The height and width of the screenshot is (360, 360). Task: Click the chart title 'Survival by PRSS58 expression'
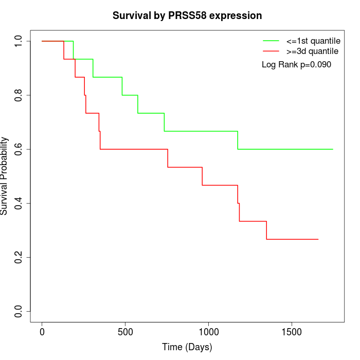187,16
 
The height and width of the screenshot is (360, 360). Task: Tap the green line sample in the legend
271,41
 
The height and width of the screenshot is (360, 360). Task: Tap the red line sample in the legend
271,51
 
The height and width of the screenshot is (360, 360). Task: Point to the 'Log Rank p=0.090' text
296,65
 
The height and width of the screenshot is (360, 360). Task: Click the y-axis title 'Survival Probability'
5,176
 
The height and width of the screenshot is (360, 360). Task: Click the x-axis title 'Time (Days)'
187,347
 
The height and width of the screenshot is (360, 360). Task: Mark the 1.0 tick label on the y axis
19,41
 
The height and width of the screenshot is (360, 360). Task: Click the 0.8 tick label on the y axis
19,95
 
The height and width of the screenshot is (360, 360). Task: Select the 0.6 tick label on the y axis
19,149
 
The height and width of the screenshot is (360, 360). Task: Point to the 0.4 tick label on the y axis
19,203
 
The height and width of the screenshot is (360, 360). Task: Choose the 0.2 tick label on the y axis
19,257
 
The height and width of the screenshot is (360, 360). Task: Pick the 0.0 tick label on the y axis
19,311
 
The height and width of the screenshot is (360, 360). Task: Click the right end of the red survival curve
318,239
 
